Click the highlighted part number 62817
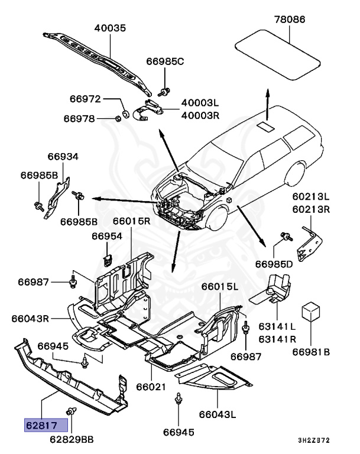(x=46, y=424)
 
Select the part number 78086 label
(x=290, y=20)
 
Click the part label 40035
(x=112, y=28)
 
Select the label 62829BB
(x=72, y=439)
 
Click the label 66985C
(x=165, y=61)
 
